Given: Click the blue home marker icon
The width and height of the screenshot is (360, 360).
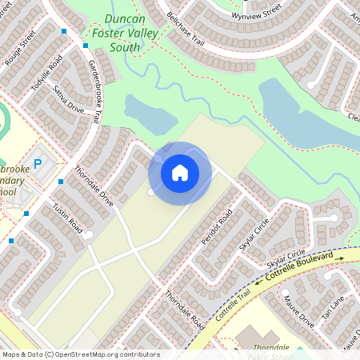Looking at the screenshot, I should pyautogui.click(x=180, y=172).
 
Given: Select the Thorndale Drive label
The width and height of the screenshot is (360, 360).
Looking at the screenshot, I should pyautogui.click(x=94, y=186).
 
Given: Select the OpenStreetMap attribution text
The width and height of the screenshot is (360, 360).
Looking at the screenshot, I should pyautogui.click(x=80, y=354).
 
